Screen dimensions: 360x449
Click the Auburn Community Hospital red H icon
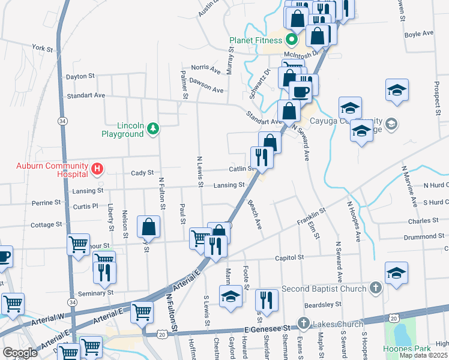tap(97, 170)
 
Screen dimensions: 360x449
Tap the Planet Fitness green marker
tap(292, 41)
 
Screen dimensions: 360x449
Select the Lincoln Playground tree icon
tap(154, 128)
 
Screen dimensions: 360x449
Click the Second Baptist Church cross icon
tap(375, 289)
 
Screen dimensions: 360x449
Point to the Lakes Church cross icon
tap(303, 324)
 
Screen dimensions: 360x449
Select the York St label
tap(43, 47)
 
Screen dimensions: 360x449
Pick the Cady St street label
tap(142, 173)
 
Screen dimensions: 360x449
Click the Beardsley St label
tap(323, 304)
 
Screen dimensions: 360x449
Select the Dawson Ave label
tap(206, 85)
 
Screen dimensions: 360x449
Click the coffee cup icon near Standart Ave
tap(300, 92)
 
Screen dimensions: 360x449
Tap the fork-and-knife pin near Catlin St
tap(262, 157)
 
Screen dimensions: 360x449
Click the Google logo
tap(20, 353)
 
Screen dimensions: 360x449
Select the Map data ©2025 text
tap(423, 355)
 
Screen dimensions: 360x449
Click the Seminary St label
tap(95, 293)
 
